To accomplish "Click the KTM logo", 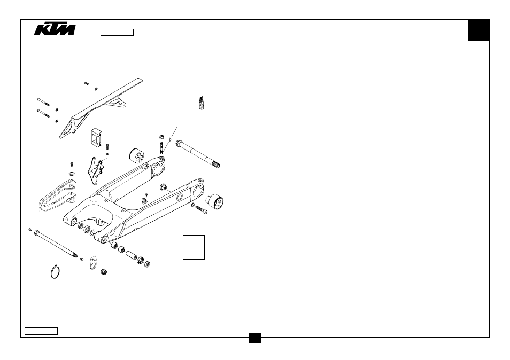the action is point(55,29).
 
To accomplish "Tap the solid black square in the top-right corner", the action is point(478,30).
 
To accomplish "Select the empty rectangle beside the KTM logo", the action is point(117,32).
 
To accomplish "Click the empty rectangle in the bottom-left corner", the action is point(41,331).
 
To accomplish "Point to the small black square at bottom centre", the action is point(255,338).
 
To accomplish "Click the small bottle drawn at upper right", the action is point(202,103).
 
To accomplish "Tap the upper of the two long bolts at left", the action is point(43,102).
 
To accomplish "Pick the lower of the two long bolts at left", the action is point(43,113).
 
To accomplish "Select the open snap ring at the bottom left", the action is point(55,272).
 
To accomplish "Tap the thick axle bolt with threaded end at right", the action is point(198,154).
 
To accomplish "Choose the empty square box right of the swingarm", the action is point(194,247).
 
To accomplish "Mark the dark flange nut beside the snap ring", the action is point(104,272).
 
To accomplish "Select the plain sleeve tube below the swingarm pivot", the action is point(132,255).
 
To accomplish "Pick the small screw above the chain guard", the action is point(87,83).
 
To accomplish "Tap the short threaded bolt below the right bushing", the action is point(200,209).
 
